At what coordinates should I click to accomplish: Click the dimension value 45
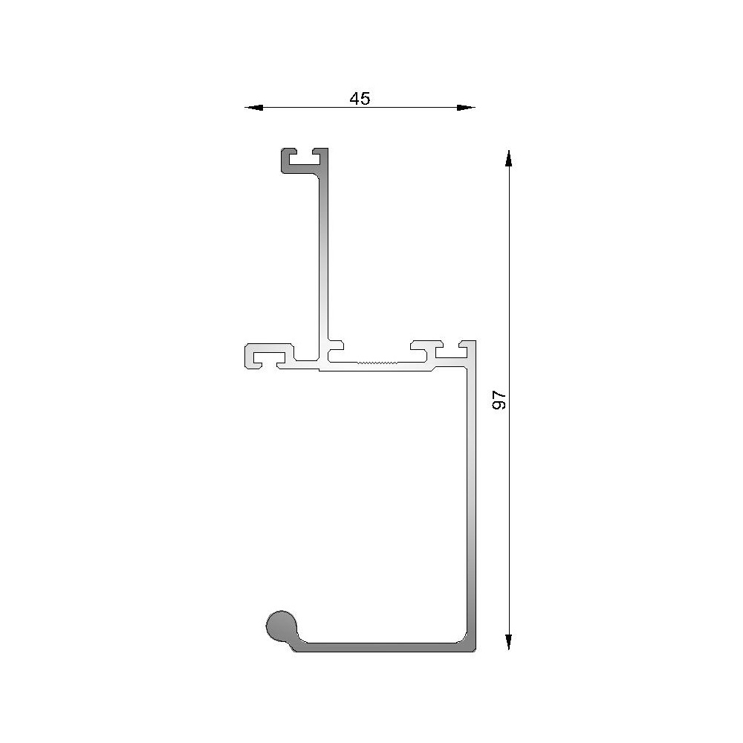[x=360, y=98]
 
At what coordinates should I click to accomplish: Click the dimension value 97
[x=499, y=400]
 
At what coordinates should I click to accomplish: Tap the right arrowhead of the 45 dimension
[x=465, y=108]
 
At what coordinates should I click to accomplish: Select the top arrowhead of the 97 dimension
[x=508, y=159]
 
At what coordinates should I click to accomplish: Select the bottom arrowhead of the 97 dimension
[x=508, y=642]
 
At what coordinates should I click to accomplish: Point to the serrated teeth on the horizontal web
[x=378, y=363]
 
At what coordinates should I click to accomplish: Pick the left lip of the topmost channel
[x=285, y=156]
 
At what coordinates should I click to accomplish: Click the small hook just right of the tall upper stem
[x=337, y=345]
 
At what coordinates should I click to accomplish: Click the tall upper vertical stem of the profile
[x=324, y=253]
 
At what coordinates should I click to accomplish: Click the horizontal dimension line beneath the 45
[x=312, y=108]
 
